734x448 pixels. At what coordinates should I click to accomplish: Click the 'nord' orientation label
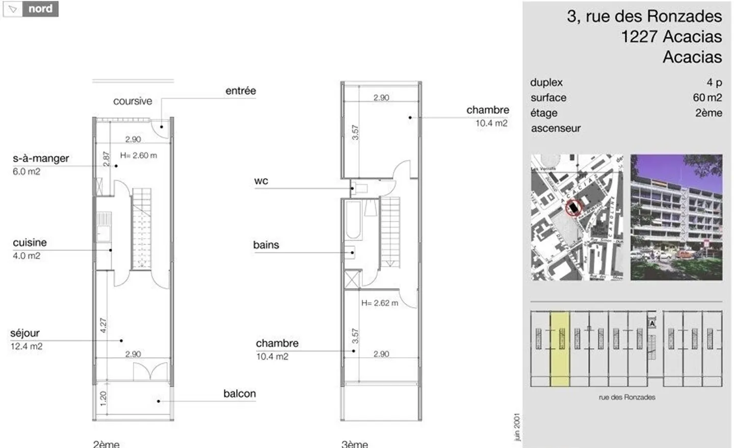tap(40, 9)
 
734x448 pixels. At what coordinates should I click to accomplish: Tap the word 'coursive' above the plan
tap(133, 101)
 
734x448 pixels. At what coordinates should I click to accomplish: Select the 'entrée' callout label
tap(241, 91)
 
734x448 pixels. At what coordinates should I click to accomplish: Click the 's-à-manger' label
tap(41, 159)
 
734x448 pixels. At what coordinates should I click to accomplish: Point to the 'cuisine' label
tap(30, 243)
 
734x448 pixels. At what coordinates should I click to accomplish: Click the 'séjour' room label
tap(25, 333)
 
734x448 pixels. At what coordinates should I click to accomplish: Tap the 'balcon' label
tap(240, 393)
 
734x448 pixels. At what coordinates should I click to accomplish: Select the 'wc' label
tap(261, 181)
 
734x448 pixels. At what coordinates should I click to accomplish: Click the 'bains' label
tap(266, 245)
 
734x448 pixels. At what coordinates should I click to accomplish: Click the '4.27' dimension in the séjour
tap(103, 325)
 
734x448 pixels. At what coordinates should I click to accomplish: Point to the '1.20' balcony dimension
tap(103, 398)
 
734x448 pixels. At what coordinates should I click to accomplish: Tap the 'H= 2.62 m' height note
tap(380, 303)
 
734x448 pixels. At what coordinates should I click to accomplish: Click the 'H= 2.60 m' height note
tap(139, 156)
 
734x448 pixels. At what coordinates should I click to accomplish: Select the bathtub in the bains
tap(353, 220)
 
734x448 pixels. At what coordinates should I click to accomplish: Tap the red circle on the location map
tap(574, 208)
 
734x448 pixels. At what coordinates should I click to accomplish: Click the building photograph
tap(676, 217)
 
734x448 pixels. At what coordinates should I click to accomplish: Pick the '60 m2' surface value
tap(707, 97)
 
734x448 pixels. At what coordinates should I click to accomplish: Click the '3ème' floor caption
tap(354, 443)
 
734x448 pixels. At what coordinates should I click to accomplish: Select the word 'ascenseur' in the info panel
tap(556, 129)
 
